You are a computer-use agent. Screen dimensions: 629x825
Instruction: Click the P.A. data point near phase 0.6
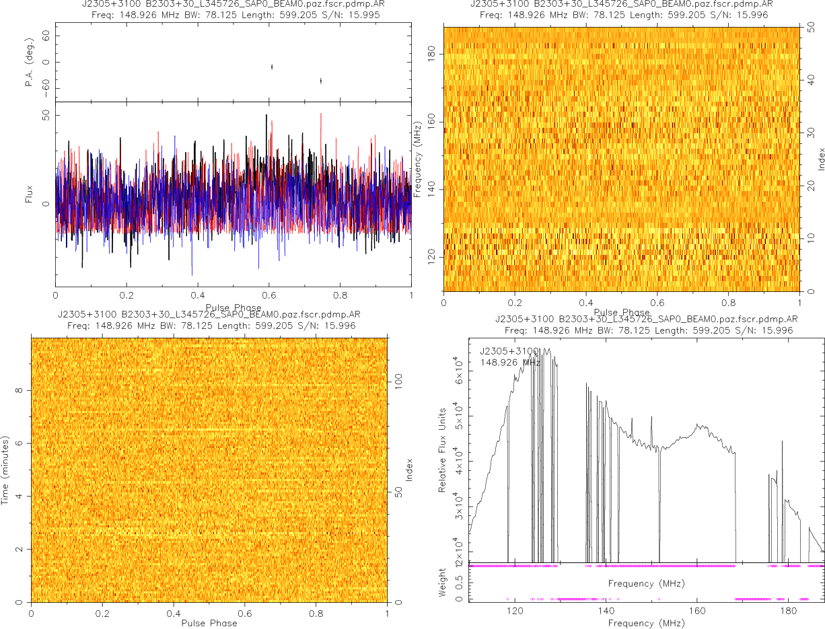(x=271, y=67)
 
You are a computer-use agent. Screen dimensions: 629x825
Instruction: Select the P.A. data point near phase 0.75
(x=321, y=80)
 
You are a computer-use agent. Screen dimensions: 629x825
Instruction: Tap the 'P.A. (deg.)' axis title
(x=30, y=62)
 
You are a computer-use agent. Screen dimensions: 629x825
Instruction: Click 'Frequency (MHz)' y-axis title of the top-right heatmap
(x=418, y=159)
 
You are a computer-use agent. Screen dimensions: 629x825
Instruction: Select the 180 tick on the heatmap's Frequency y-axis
(x=432, y=53)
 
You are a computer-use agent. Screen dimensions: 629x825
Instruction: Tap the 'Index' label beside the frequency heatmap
(x=821, y=159)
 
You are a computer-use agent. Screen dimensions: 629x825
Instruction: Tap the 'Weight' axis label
(x=443, y=583)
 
